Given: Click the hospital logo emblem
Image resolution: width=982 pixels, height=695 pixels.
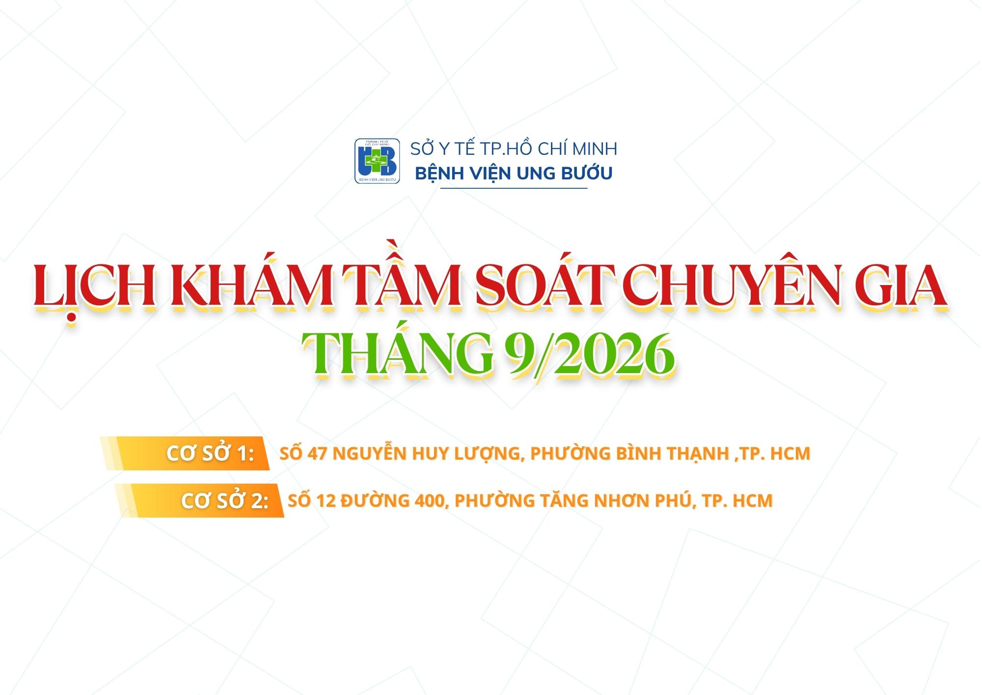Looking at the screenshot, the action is pos(377,161).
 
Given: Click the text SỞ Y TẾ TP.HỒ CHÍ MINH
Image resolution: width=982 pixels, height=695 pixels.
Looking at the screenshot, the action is pos(514,149).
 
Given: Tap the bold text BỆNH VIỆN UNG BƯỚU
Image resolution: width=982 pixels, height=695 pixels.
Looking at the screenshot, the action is pos(514,174).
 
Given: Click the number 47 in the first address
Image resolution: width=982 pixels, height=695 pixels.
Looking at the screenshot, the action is pos(317,454).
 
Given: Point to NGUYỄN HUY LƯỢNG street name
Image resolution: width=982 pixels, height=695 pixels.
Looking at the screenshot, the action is pos(426,454).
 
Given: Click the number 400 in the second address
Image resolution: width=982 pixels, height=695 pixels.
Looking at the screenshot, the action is pos(430,501).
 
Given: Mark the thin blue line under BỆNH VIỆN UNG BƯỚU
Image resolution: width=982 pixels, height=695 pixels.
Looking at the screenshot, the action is pos(514,189).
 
